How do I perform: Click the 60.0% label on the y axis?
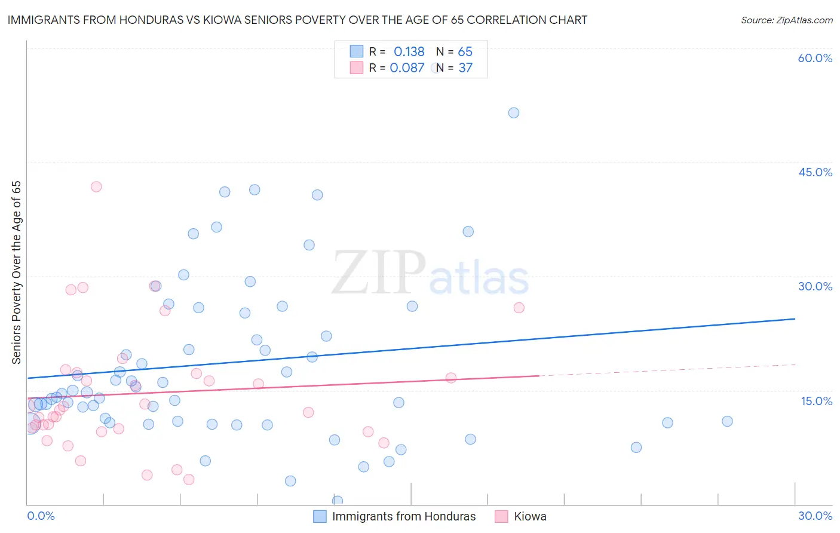point(815,58)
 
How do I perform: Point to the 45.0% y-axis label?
point(815,172)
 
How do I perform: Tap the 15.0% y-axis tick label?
point(816,401)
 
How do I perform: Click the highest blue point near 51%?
point(514,113)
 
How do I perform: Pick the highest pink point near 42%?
point(96,186)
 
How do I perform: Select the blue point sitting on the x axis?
point(338,501)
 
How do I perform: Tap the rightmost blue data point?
point(727,421)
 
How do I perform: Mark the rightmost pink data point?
point(519,308)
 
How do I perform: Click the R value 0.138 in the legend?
point(409,52)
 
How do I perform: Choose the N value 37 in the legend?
point(465,68)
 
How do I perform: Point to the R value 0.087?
point(407,68)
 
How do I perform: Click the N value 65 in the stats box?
point(465,52)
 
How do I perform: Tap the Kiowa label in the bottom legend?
point(530,517)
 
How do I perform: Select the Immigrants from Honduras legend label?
point(404,517)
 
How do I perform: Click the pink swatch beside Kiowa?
point(501,517)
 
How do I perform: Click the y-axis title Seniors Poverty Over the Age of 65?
point(17,272)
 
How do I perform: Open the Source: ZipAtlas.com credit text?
point(786,20)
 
